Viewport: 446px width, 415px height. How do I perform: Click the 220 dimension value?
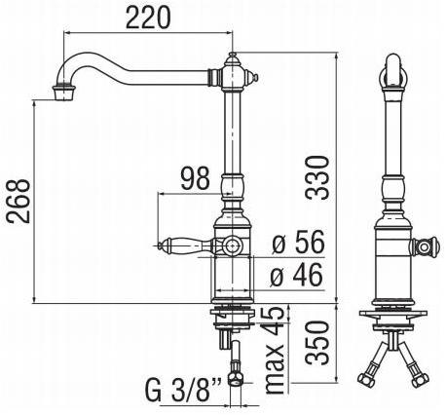click(148, 18)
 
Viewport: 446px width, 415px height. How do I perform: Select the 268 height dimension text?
click(19, 201)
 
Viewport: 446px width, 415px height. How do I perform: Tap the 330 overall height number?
click(316, 177)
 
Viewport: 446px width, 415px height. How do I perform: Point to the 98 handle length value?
click(196, 178)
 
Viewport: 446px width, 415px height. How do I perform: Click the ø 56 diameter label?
click(298, 242)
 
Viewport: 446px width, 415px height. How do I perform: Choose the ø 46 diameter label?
click(297, 275)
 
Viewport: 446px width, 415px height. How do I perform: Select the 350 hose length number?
click(316, 343)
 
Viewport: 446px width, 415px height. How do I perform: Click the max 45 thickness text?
click(275, 350)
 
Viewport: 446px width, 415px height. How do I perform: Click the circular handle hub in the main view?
click(232, 245)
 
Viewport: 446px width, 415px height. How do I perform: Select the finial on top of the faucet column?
click(232, 58)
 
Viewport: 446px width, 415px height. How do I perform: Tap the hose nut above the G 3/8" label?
click(236, 379)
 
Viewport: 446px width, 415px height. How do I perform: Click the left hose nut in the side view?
click(365, 379)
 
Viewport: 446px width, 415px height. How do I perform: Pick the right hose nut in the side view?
click(421, 379)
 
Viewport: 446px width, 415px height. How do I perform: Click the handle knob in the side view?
click(425, 247)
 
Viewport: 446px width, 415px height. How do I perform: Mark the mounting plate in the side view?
click(393, 314)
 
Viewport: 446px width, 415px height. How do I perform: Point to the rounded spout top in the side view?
click(393, 71)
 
